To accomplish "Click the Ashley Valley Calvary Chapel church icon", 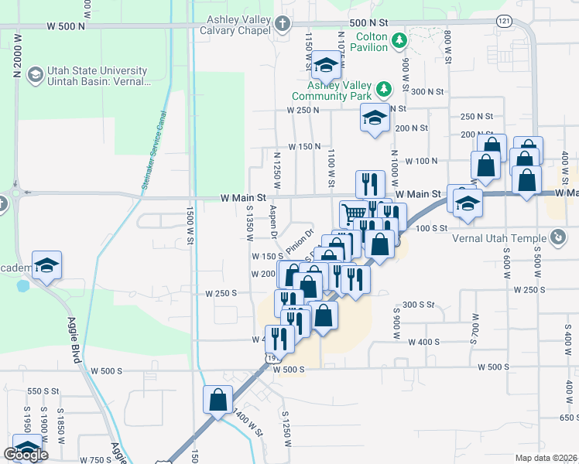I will [283, 24].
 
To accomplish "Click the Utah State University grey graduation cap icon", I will [34, 75].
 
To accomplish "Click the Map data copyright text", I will [546, 458].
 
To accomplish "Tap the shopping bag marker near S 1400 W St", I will [218, 399].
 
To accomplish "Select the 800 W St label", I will [447, 48].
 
